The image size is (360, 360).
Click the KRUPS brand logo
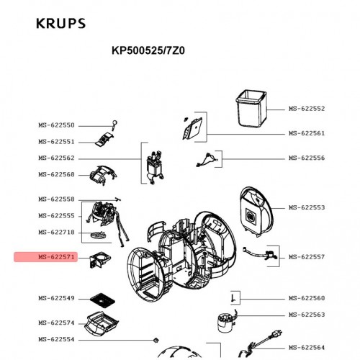60,24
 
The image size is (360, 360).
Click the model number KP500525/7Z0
148,50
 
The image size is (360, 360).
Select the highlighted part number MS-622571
56,257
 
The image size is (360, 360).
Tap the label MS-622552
307,109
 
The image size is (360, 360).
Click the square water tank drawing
251,109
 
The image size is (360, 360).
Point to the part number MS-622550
56,125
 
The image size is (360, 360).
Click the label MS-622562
56,158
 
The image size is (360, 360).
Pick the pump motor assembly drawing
156,167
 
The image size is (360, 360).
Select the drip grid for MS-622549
102,300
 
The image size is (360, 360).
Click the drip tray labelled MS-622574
102,323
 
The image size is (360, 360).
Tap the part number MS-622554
56,339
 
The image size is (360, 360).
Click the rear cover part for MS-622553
256,211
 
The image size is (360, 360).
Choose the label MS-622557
307,257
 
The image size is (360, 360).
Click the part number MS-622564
307,347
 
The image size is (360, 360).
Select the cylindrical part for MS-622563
226,322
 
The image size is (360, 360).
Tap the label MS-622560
307,298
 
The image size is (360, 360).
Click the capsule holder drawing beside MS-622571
100,259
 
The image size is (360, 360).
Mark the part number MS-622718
56,232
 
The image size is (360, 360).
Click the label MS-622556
307,158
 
